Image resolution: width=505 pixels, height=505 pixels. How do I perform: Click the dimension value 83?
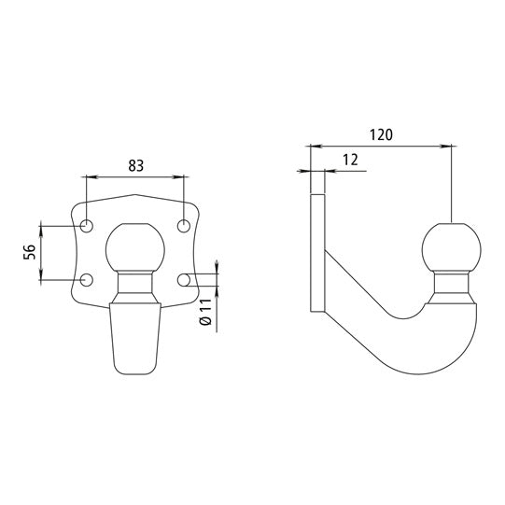tap(136, 166)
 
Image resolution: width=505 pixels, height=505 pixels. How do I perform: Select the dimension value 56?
tap(30, 252)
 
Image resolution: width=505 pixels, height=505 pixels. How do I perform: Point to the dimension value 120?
tap(380, 134)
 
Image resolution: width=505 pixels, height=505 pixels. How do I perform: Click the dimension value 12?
tap(350, 161)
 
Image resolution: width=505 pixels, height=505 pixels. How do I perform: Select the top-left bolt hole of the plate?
tap(87, 226)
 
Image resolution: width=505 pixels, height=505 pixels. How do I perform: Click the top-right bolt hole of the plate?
tap(185, 226)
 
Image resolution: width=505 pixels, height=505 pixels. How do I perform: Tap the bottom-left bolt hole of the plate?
tap(87, 279)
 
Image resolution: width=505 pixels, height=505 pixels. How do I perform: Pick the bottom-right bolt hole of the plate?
tap(185, 279)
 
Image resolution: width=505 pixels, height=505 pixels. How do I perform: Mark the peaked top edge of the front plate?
tap(136, 196)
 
